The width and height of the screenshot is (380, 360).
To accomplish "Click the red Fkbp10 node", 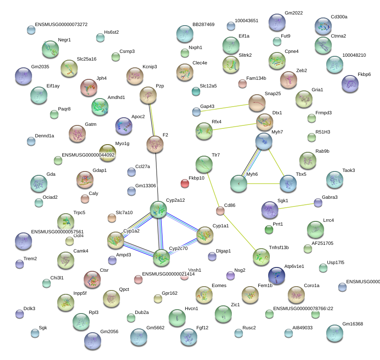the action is coord(185,184).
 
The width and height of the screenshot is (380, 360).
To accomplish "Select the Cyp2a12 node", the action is coord(158,209).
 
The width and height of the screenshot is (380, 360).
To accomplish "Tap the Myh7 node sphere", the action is coord(264,141).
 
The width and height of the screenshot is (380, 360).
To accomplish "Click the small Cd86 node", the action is coord(220,211).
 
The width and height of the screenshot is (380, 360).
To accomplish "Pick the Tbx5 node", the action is coord(288,184).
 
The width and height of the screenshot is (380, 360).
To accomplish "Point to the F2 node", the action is coord(155,144).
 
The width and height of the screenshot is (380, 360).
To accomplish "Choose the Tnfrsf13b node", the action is coord(261,256).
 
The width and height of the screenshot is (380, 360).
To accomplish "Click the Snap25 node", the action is coord(257,103).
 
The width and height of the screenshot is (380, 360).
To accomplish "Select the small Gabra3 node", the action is coord(318,202).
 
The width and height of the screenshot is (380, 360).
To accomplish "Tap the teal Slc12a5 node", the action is coord(196,91).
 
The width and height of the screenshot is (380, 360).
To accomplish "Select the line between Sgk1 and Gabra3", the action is coord(295,206).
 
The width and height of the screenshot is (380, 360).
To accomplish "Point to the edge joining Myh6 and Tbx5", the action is coord(263,184).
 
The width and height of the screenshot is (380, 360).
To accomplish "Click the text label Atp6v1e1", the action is coord(294,266).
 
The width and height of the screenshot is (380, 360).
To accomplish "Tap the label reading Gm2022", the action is coord(294,13).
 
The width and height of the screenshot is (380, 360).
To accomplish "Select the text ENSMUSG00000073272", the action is coord(61,24).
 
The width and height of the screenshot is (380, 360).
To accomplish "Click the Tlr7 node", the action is coord(204,164).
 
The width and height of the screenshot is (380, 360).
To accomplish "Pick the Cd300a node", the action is coord(323,26).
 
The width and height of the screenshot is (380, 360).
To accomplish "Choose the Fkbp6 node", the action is coord(350,83).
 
